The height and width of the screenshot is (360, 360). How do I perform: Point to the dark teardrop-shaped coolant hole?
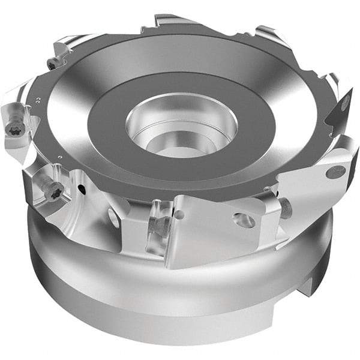(x=80, y=191)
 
